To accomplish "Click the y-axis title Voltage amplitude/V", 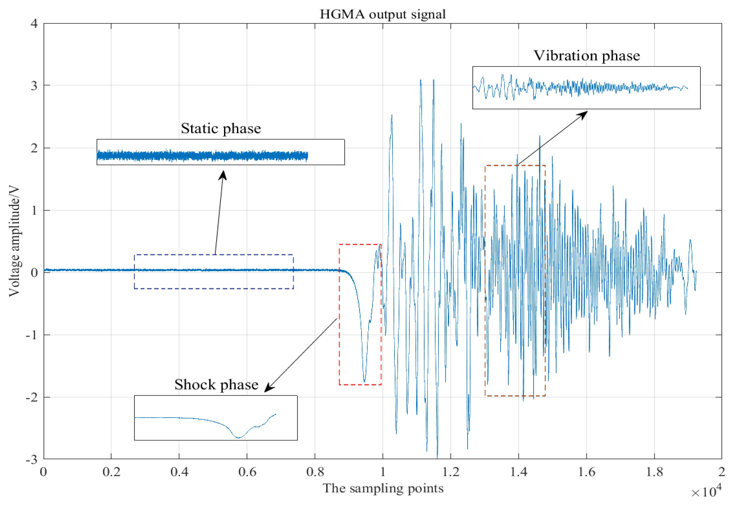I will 14,241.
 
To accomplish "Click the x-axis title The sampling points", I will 383,488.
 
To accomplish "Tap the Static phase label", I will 221,128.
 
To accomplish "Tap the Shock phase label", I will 216,385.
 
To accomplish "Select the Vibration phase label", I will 587,56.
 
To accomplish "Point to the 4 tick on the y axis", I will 34,24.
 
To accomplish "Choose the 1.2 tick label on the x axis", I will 451,472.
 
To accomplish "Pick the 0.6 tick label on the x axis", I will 247,472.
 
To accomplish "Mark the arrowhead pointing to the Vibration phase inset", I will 584,114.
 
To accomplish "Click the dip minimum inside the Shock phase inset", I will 238,437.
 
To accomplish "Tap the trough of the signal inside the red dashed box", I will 364,380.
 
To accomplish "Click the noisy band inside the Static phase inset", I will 202,156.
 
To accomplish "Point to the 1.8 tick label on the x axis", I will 654,472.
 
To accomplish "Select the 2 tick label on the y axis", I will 34,148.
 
